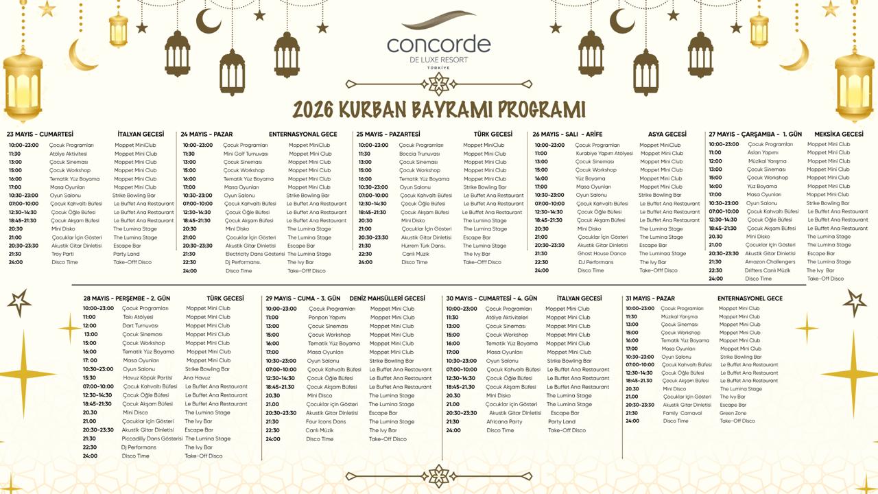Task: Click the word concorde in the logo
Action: (439, 44)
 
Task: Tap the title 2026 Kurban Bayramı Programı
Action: (439, 110)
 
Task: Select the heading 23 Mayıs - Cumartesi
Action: (40, 134)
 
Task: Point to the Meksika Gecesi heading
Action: (838, 134)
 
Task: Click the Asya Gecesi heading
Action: (667, 134)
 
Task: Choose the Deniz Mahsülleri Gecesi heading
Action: (387, 298)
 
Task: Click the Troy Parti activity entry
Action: (62, 254)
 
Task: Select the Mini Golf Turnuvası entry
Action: (246, 154)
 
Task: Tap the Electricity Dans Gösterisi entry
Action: (254, 254)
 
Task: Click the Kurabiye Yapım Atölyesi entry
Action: (604, 154)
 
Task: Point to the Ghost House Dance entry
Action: (602, 253)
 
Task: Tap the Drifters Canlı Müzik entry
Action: (768, 270)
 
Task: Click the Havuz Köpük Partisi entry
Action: (147, 377)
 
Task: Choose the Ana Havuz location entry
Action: (197, 377)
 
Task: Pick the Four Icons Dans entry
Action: (326, 421)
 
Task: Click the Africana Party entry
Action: (504, 421)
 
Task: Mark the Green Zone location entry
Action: (733, 413)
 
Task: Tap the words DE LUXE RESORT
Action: (439, 60)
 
